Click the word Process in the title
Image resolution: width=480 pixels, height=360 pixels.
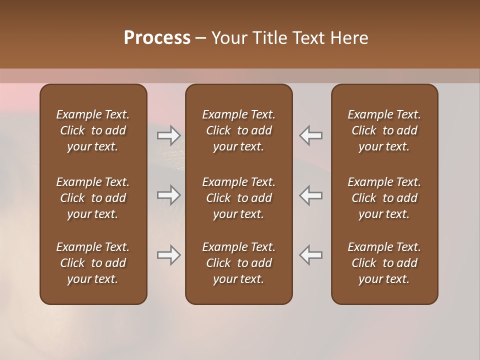[x=157, y=38]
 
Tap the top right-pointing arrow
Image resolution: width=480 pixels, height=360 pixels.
[x=168, y=135]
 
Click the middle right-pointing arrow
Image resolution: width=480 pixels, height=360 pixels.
[x=168, y=195]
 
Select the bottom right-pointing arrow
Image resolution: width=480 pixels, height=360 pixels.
[x=168, y=255]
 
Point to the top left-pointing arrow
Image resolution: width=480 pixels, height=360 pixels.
[x=311, y=135]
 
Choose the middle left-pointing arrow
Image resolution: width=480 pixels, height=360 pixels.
[x=311, y=195]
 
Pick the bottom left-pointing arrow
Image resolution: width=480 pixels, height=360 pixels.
[x=311, y=255]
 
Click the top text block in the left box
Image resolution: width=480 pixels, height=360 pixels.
[x=93, y=130]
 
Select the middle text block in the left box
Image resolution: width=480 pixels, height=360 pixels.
[x=93, y=198]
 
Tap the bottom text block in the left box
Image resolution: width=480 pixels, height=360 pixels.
[x=93, y=263]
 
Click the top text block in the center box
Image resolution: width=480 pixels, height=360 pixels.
[x=238, y=130]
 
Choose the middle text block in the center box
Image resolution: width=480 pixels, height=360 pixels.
[x=238, y=198]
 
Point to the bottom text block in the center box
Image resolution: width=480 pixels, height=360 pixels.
[x=238, y=263]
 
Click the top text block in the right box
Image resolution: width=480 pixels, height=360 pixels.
[x=384, y=130]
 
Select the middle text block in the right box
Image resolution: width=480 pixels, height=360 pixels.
[x=384, y=198]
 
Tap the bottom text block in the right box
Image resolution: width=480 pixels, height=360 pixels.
[x=384, y=263]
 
